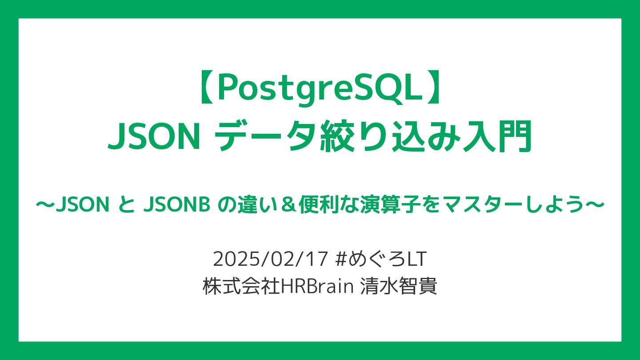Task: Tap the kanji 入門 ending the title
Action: coord(497,136)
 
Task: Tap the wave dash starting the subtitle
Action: coord(44,205)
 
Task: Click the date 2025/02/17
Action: coord(270,259)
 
